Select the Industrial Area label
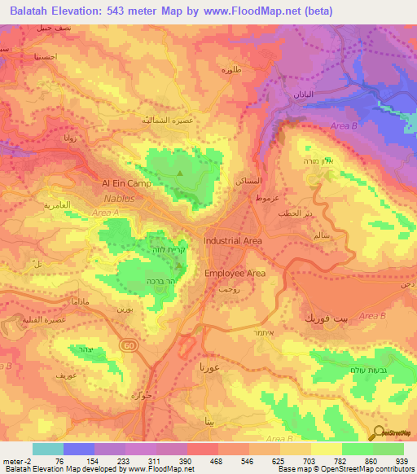(232, 241)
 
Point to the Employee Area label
(235, 274)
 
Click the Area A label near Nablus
(106, 213)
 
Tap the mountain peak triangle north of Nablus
(181, 172)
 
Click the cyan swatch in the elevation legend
(48, 449)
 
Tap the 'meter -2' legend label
(17, 461)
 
